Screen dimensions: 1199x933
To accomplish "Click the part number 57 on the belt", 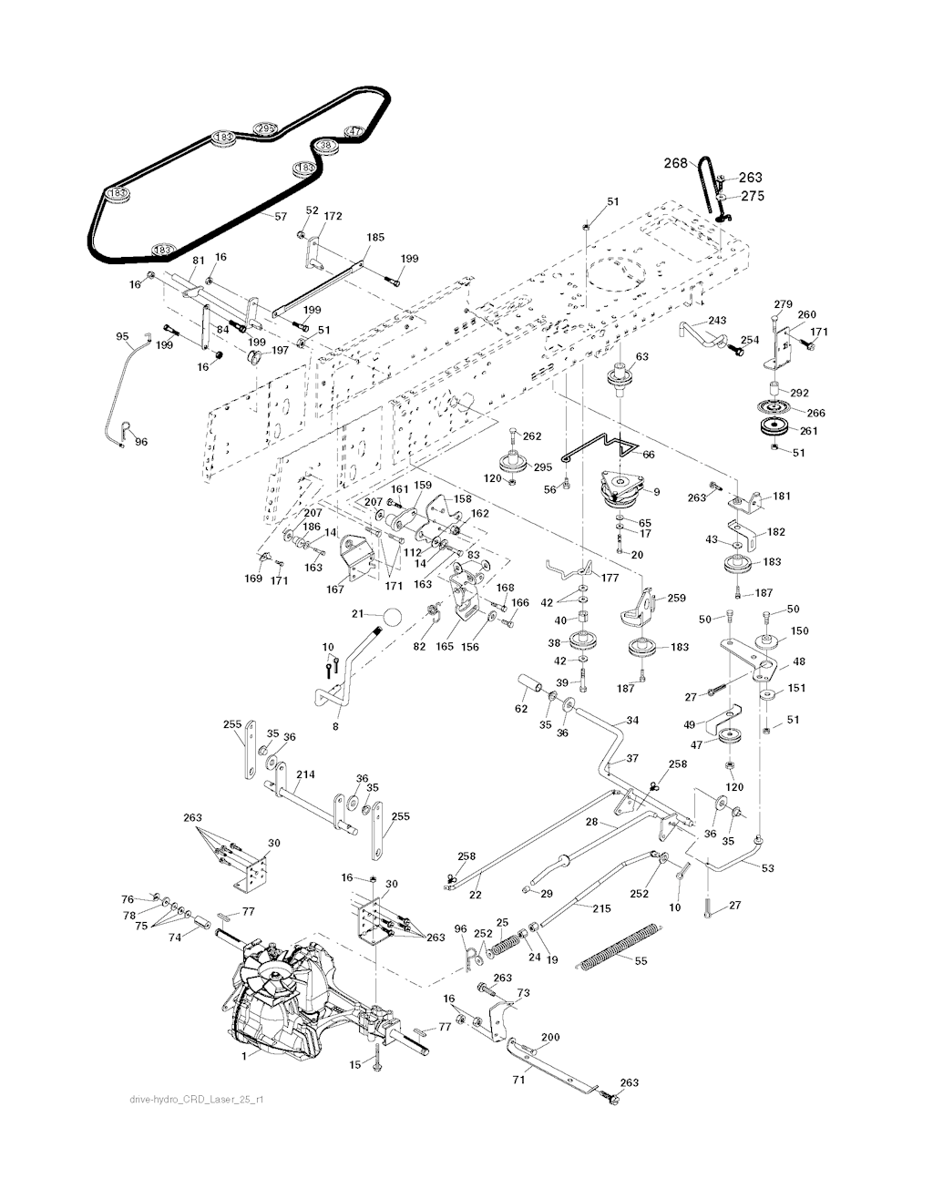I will click(281, 216).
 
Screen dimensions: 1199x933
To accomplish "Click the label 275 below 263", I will click(752, 196).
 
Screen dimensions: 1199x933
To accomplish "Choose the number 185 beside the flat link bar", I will click(374, 237).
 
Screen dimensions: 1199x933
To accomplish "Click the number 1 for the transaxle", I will click(244, 1057).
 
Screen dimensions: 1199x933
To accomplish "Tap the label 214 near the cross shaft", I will click(305, 774).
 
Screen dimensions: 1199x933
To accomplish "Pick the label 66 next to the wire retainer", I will click(649, 454).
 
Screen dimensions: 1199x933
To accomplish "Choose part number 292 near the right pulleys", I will click(799, 394).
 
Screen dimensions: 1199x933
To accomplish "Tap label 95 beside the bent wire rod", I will click(123, 337).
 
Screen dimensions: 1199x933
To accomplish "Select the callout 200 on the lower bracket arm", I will click(550, 1037).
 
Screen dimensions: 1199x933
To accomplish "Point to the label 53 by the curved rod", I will click(767, 868).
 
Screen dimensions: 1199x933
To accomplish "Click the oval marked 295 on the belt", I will click(265, 128).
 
